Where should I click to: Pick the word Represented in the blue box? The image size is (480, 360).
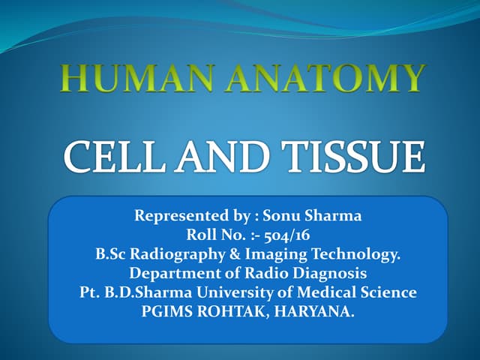pyautogui.click(x=178, y=216)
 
